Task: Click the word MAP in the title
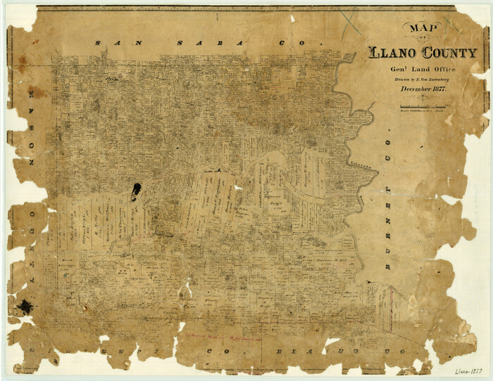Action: (x=420, y=30)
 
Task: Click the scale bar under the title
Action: (x=422, y=106)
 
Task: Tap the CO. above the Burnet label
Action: (x=385, y=165)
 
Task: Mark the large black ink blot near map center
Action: (x=135, y=190)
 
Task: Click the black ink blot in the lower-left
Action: (x=25, y=306)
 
